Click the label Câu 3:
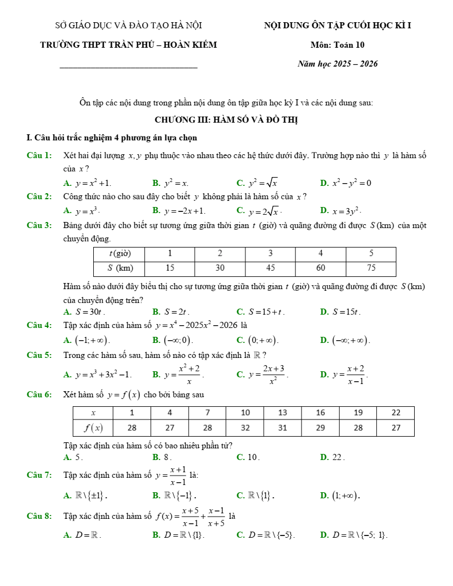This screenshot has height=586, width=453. pyautogui.click(x=39, y=225)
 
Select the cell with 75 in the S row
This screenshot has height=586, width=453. pyautogui.click(x=371, y=268)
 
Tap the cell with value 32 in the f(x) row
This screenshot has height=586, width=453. pyautogui.click(x=245, y=428)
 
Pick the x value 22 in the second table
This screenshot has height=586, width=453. pyautogui.click(x=395, y=413)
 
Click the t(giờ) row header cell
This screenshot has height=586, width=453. pyautogui.click(x=119, y=254)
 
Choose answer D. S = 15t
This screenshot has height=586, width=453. pyautogui.click(x=340, y=312)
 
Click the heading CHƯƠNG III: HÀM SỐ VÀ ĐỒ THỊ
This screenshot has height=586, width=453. pyautogui.click(x=229, y=120)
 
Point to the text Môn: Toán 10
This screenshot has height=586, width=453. pyautogui.click(x=338, y=45)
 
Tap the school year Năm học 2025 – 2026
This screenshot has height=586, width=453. pyautogui.click(x=338, y=64)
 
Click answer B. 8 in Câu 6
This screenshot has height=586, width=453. pyautogui.click(x=162, y=457)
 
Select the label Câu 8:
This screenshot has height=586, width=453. pyautogui.click(x=39, y=516)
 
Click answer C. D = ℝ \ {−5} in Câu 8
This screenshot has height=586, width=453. pyautogui.click(x=265, y=536)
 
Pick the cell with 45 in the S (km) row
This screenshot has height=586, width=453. pyautogui.click(x=270, y=268)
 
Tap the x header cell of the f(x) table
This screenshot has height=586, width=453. pyautogui.click(x=93, y=413)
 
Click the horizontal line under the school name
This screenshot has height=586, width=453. pyautogui.click(x=128, y=68)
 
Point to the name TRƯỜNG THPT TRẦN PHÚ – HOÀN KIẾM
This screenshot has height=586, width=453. pyautogui.click(x=129, y=45)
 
